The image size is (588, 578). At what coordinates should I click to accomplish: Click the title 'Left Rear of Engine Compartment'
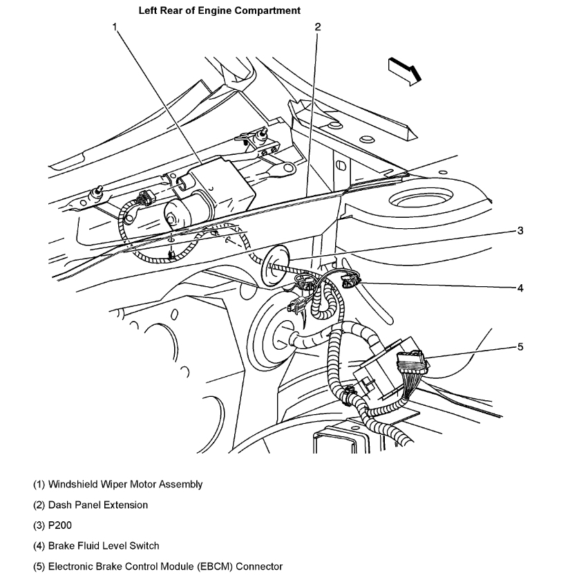[x=219, y=10]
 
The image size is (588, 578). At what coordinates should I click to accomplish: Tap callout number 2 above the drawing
[x=317, y=27]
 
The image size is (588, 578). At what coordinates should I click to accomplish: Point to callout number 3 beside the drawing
[x=520, y=231]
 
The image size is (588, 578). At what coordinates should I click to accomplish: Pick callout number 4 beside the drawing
[x=520, y=288]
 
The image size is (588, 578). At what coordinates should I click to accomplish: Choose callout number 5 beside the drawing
[x=520, y=346]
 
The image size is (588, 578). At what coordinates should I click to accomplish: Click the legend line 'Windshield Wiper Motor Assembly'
[x=118, y=485]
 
